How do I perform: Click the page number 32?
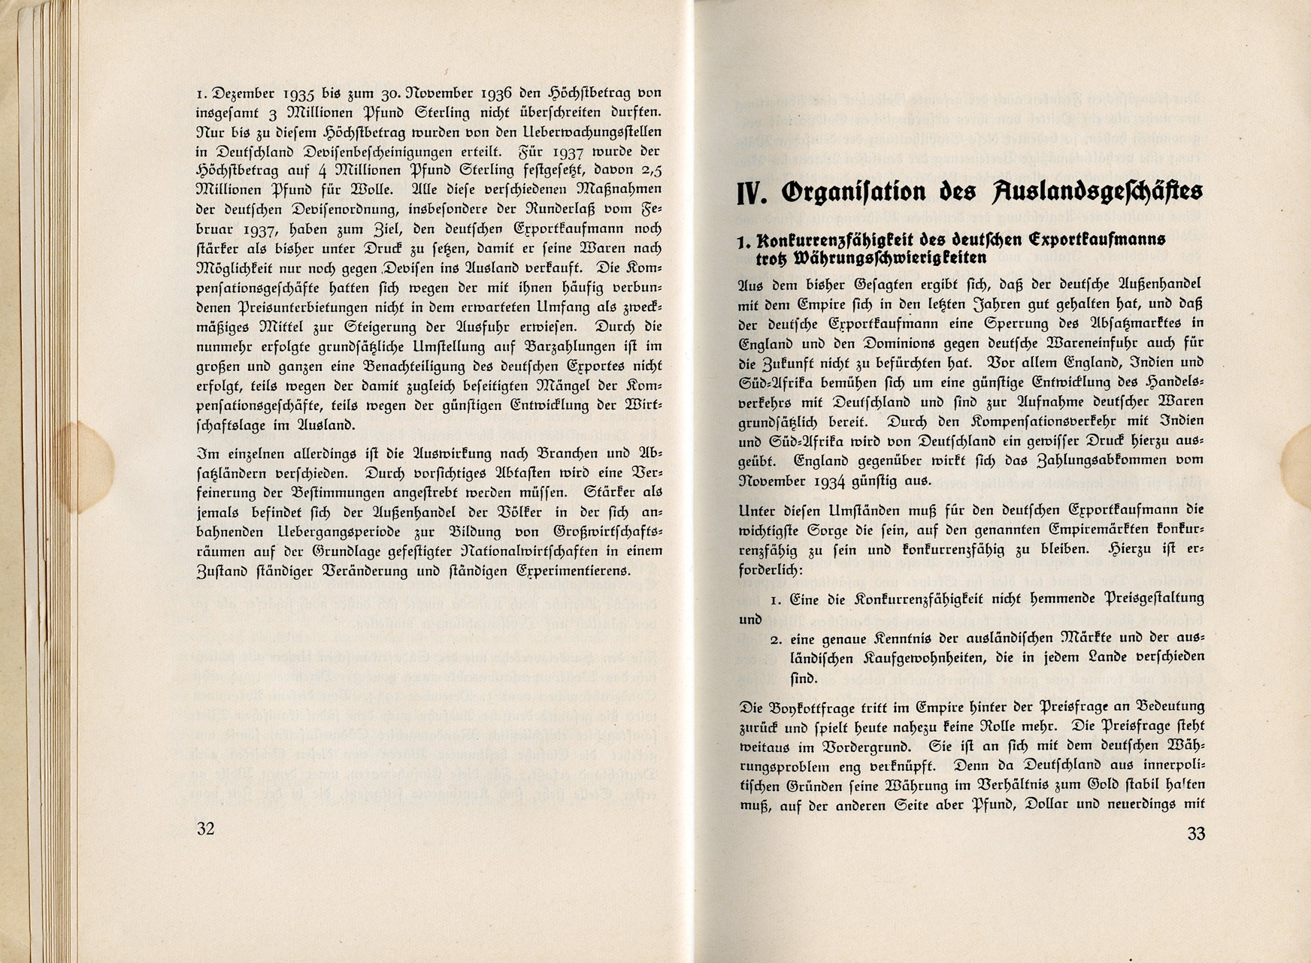(x=205, y=829)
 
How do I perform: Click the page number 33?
(x=1195, y=833)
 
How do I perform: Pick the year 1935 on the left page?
(x=304, y=94)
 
